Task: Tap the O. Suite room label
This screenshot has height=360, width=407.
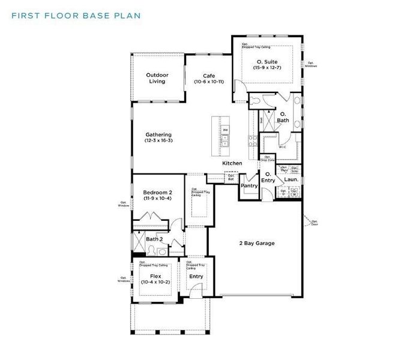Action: click(267, 61)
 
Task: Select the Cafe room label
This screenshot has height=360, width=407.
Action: click(208, 76)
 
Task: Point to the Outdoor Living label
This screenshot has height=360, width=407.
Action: click(157, 78)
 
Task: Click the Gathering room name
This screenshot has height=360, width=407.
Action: click(158, 134)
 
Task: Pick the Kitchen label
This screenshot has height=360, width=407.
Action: click(232, 163)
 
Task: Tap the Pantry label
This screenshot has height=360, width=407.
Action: click(249, 186)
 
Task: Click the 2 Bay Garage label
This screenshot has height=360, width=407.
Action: click(257, 243)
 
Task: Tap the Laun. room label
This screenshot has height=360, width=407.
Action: click(291, 179)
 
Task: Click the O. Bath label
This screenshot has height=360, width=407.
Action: click(283, 117)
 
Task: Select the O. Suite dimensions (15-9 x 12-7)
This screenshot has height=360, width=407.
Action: click(267, 68)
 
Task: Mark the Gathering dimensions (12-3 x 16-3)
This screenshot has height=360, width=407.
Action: click(158, 140)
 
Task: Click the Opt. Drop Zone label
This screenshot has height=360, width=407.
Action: click(267, 159)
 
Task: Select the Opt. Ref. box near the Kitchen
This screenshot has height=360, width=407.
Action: click(231, 176)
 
